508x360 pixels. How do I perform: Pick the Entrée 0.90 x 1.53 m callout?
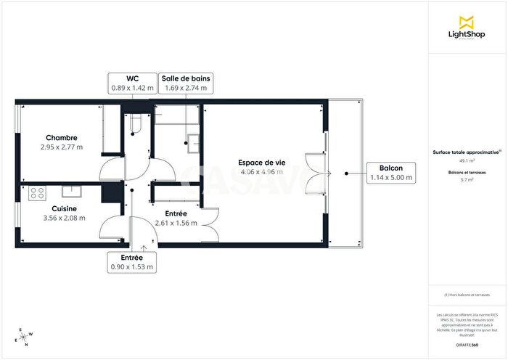[x=132, y=262]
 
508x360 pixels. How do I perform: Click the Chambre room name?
[x=62, y=138]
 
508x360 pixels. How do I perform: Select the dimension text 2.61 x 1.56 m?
[x=176, y=224]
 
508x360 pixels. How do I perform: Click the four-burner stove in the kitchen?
[x=37, y=192]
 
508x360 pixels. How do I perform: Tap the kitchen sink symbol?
[x=71, y=192]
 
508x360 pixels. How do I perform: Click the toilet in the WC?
[x=133, y=125]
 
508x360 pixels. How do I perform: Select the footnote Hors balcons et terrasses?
[x=467, y=295]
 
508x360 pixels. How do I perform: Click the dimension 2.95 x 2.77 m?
[x=62, y=147]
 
